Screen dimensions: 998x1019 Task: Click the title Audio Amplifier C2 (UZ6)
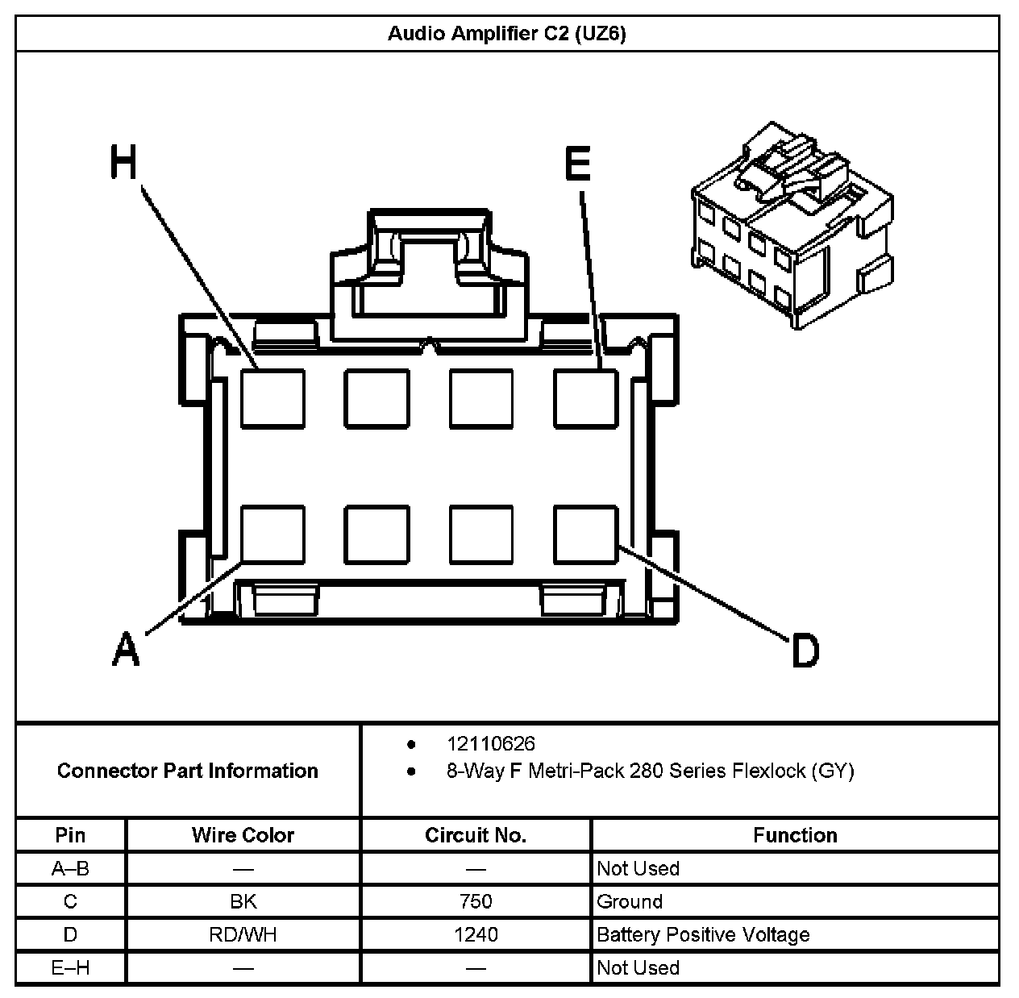pos(506,34)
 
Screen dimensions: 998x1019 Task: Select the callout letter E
pos(577,164)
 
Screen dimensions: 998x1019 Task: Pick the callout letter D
pos(805,650)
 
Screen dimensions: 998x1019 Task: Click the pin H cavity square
pos(273,398)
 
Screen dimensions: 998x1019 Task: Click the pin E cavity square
pos(586,398)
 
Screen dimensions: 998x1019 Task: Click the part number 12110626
pos(490,743)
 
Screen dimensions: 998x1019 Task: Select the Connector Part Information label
pos(188,771)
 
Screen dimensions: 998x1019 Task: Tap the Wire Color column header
pos(243,835)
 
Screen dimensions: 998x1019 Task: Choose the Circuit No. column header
pos(476,835)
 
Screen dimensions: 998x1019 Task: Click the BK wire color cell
pos(243,901)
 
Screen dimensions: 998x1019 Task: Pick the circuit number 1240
pos(476,934)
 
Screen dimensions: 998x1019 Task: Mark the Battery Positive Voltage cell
pos(703,935)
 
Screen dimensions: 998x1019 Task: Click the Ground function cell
pos(630,901)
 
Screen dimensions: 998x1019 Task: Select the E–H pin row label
pos(71,967)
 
